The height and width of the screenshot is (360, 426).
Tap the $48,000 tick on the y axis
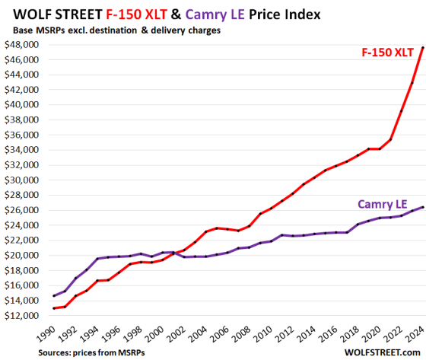21,45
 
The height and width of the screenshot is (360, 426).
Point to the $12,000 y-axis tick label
21,315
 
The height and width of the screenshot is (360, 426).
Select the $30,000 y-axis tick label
21,180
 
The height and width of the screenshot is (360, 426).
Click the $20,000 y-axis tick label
21,255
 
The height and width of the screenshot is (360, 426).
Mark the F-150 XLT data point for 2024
422,47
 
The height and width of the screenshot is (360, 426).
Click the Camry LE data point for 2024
422,206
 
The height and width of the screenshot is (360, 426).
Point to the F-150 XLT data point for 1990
53,308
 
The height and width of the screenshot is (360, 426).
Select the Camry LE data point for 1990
53,295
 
